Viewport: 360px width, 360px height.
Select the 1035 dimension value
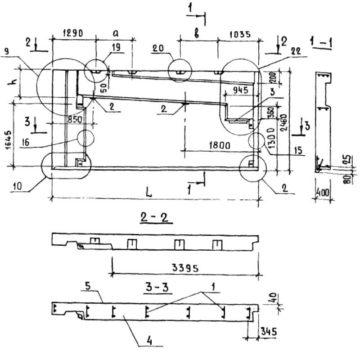pos(239,34)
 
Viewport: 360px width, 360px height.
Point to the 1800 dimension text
pos(220,145)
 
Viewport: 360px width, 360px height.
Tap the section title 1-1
pos(321,42)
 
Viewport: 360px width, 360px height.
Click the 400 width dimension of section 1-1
pos(322,192)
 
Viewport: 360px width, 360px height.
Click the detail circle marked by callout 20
pos(180,71)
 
